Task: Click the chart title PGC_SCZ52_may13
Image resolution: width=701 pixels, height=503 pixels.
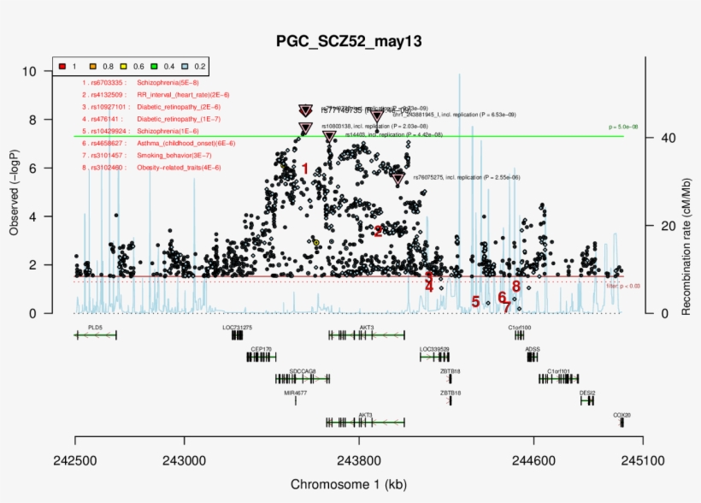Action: [x=349, y=41]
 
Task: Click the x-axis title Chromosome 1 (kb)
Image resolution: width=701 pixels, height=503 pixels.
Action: [x=349, y=484]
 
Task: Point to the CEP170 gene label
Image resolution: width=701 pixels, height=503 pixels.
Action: [x=261, y=349]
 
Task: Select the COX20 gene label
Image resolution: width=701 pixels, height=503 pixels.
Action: [x=621, y=415]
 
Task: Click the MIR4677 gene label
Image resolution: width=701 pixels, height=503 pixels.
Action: [x=296, y=393]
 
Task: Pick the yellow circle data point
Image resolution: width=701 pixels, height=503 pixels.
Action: [x=315, y=243]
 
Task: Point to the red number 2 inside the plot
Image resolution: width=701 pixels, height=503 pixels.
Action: [x=378, y=230]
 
